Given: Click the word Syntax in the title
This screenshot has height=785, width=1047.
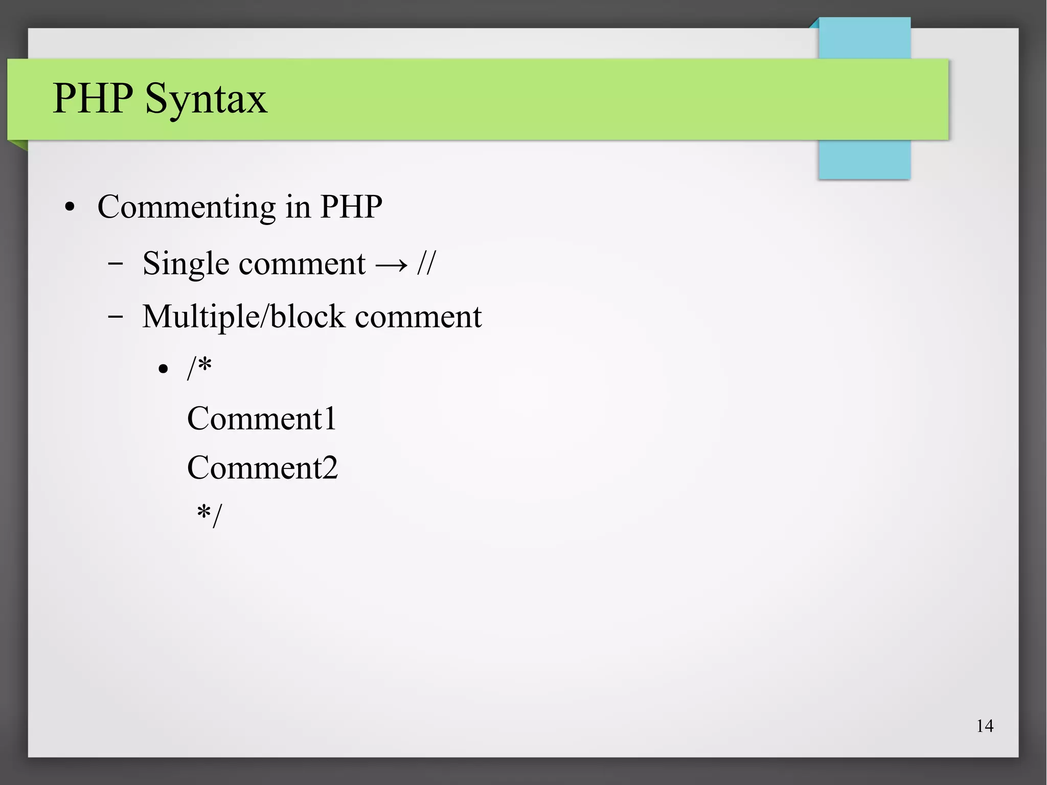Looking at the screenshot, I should coord(206,98).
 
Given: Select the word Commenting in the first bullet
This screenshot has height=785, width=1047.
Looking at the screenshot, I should coord(187,207).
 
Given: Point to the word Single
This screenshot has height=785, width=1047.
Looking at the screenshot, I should coord(186,264).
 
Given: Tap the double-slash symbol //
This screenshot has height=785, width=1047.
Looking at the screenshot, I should coord(426,264).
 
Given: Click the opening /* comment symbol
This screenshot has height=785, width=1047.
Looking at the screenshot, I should coord(199,367).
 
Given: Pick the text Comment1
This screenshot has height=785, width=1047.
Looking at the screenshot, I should coord(261,418).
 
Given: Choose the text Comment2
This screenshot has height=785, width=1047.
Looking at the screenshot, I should coord(262,467).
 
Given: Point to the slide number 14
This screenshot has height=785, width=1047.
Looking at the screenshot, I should coord(985,726).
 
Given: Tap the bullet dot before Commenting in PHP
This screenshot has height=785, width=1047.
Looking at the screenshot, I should coord(70,208).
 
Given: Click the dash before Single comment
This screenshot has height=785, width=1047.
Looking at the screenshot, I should coord(116,264).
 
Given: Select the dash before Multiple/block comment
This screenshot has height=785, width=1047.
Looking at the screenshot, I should coord(116,317).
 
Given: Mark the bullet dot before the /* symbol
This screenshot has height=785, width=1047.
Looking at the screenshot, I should coord(163,369).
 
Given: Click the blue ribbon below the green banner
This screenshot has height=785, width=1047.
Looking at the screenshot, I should coord(864,160).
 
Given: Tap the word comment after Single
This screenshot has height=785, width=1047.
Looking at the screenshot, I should coord(302,264).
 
